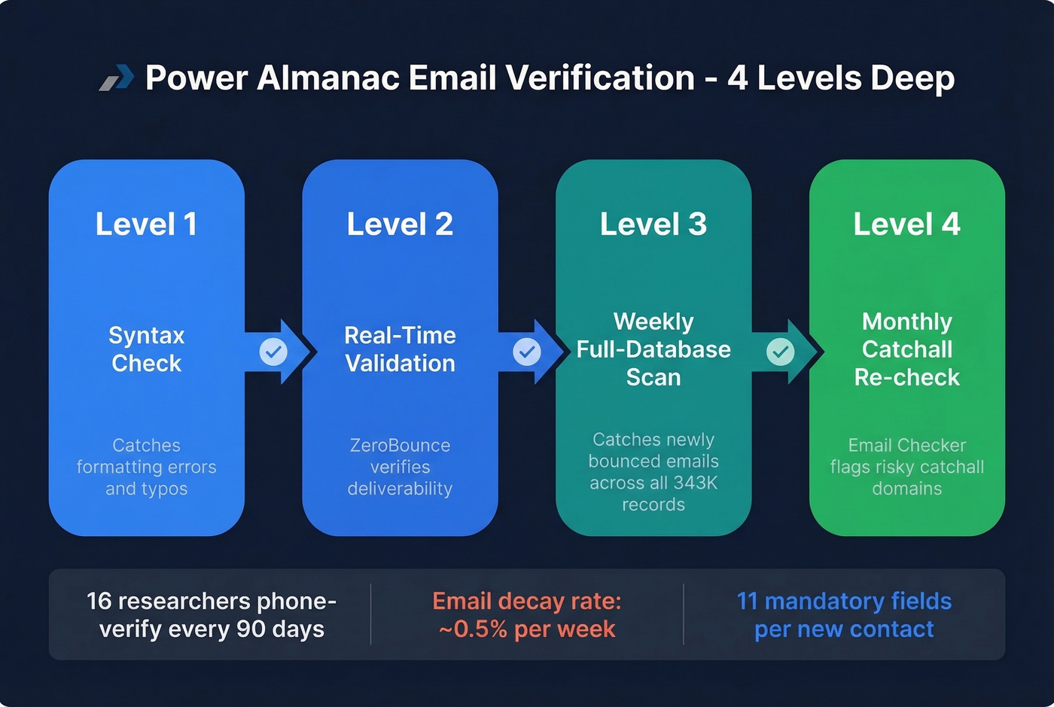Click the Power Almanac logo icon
coord(117,78)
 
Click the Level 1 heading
coord(146,224)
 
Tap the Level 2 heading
coord(400,224)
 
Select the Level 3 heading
coord(653,224)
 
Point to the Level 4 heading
coord(906,224)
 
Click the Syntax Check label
coord(146,349)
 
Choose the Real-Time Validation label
coord(400,349)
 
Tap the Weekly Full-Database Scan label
coord(653,349)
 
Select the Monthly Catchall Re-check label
coord(906,349)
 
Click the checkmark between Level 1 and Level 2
coord(273,351)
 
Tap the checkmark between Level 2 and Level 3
coord(527,351)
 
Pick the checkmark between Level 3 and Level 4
coord(781,351)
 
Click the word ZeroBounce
coord(400,445)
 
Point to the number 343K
coord(696,483)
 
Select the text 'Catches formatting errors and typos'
coord(146,467)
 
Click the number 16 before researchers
coord(99,601)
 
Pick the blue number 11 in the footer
coord(747,601)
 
